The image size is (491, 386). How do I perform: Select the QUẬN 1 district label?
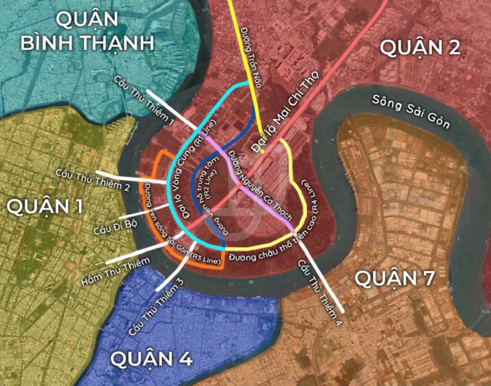coord(45,207)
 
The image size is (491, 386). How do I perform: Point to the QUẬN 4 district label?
coord(151,358)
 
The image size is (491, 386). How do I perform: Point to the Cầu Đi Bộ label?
coord(115,224)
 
